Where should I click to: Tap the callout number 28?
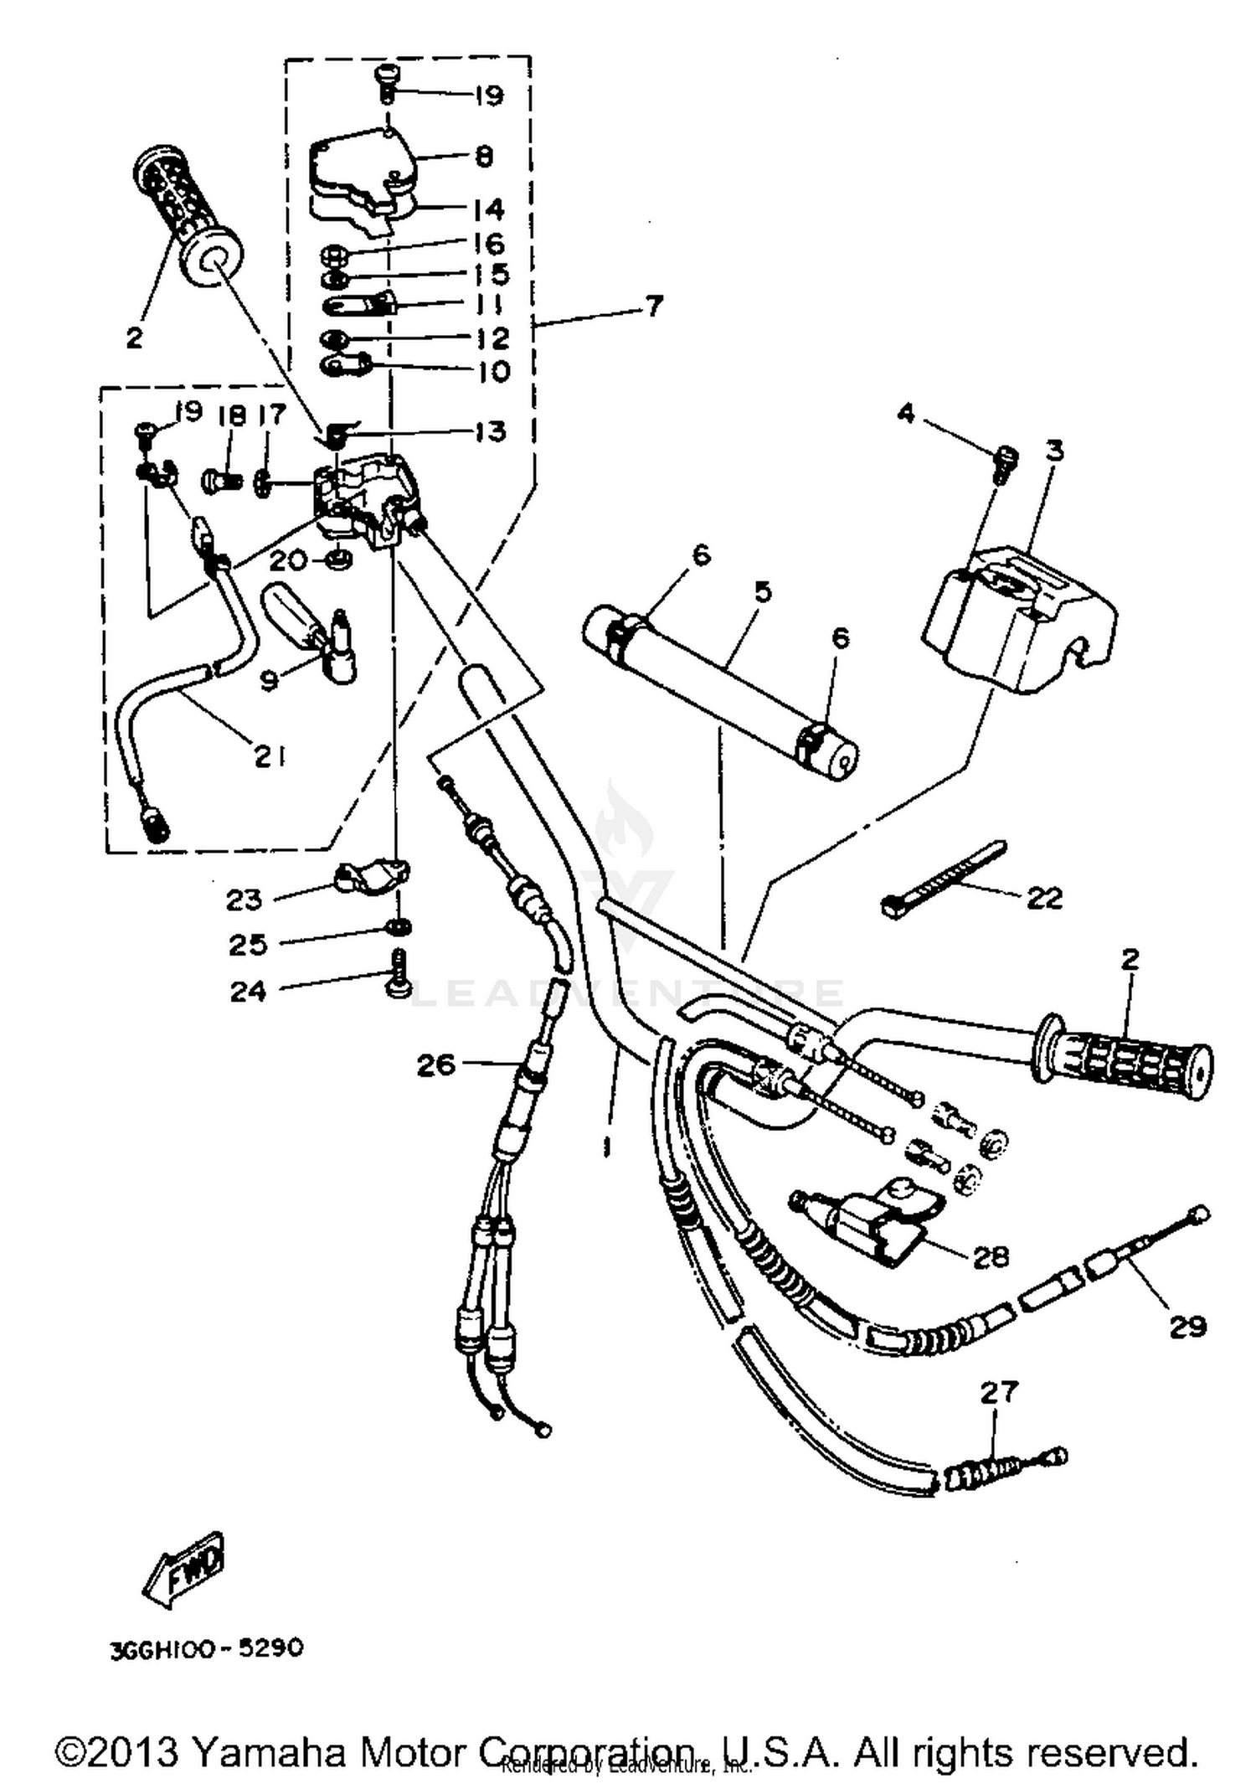[991, 1256]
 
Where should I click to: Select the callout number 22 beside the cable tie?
[1043, 898]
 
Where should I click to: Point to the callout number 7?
[653, 306]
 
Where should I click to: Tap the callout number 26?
[436, 1065]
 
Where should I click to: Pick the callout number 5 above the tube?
[761, 592]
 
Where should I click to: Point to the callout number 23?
[244, 900]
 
